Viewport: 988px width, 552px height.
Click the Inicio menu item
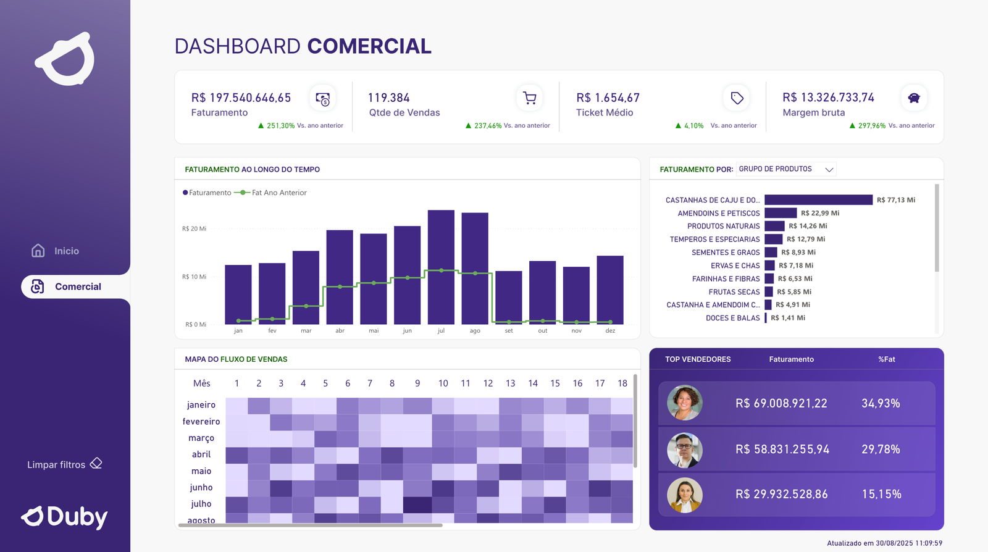[x=56, y=251]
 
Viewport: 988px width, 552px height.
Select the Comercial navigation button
[x=75, y=286]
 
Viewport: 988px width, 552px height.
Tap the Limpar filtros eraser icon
[x=96, y=464]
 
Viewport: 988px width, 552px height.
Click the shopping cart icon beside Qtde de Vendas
[x=529, y=98]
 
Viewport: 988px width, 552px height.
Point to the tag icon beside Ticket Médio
[x=737, y=98]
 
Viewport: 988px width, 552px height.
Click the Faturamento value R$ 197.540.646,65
[x=241, y=98]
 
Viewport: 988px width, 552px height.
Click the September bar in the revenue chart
[x=509, y=297]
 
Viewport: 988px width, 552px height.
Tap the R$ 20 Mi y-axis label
[x=194, y=228]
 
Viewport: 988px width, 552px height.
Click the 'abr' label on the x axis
[x=340, y=331]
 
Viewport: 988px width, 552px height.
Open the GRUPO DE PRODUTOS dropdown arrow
[x=829, y=169]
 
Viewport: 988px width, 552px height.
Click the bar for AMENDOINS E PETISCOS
[x=781, y=213]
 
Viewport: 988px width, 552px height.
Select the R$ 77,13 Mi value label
[x=895, y=200]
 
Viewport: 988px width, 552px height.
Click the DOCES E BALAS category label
[x=732, y=318]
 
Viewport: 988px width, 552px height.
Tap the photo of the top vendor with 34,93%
[x=685, y=403]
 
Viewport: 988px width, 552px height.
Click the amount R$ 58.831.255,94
[x=782, y=450]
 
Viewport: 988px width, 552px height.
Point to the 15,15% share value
[x=881, y=494]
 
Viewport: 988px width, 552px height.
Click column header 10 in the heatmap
[x=443, y=383]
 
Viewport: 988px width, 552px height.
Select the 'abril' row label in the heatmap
[x=201, y=454]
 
